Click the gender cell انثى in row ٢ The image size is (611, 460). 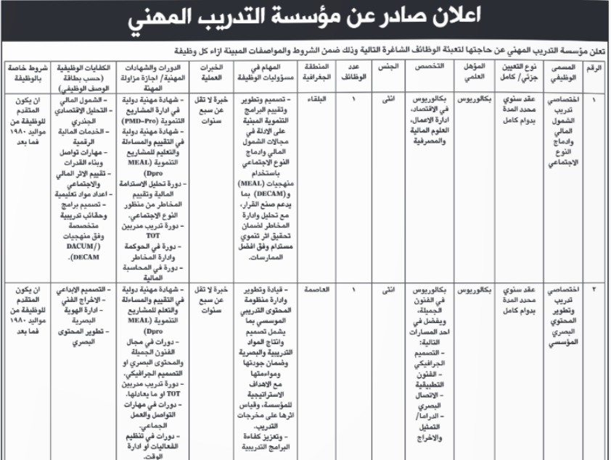pos(388,289)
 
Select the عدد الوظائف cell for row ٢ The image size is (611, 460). pos(353,289)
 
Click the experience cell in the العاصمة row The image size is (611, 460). pos(208,298)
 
